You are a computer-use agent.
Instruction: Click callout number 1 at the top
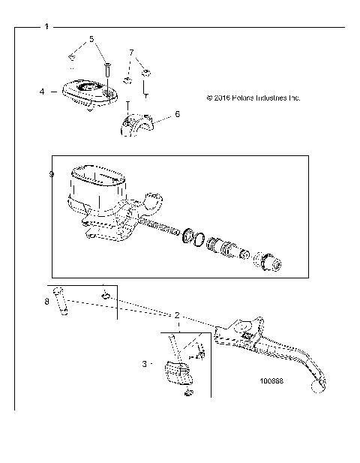(46, 27)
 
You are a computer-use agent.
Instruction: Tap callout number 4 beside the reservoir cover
(42, 91)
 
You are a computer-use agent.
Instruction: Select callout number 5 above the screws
(91, 38)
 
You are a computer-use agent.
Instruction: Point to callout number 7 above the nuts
(131, 53)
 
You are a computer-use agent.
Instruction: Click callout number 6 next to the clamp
(177, 114)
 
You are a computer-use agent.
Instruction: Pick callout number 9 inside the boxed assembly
(51, 174)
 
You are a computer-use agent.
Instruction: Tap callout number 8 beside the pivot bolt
(46, 302)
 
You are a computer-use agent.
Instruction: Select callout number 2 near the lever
(177, 316)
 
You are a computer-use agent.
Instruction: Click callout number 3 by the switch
(144, 364)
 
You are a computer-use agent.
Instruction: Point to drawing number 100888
(271, 380)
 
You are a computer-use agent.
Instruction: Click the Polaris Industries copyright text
(252, 97)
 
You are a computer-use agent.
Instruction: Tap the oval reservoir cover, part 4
(88, 92)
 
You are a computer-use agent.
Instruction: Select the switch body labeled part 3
(177, 373)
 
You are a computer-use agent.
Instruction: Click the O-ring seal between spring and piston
(195, 239)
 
